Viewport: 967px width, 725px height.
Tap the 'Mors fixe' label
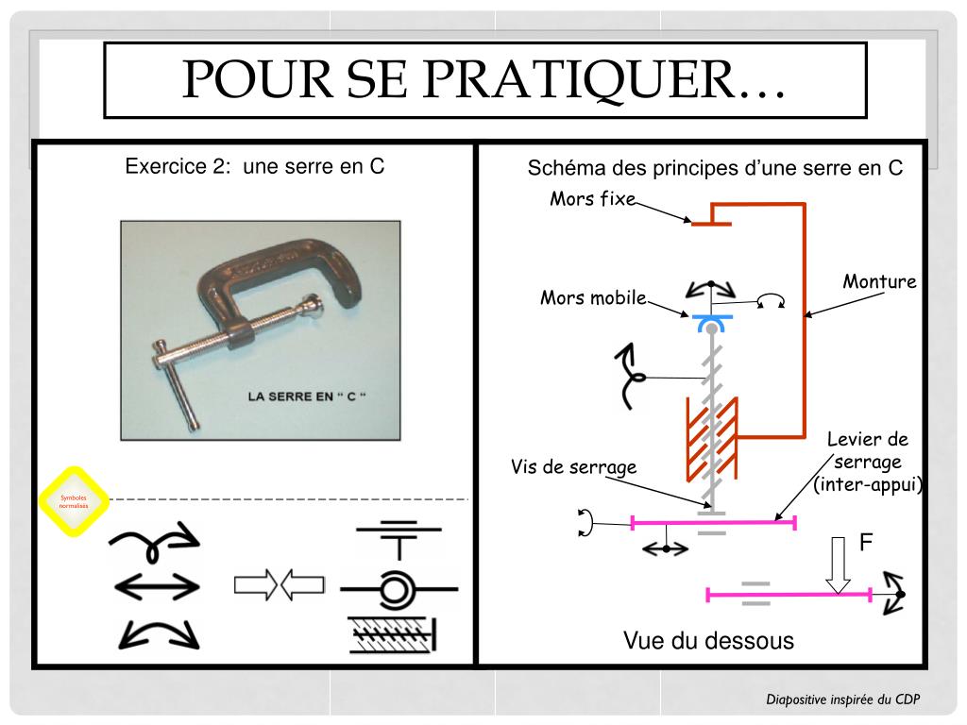[x=593, y=199]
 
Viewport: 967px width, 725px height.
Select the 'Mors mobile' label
[x=593, y=298]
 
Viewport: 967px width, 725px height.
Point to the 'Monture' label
[x=879, y=282]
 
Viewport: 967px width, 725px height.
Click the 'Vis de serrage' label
[x=573, y=467]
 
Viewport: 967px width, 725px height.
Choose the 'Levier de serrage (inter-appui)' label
[x=867, y=463]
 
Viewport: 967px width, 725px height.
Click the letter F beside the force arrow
[x=865, y=543]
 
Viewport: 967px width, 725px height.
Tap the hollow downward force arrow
[x=836, y=565]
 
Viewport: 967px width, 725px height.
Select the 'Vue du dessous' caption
[x=708, y=641]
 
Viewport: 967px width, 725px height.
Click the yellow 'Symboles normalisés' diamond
[x=73, y=501]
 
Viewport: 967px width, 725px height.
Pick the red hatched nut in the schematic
[x=711, y=436]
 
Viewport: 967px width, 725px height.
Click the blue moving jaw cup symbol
[x=709, y=323]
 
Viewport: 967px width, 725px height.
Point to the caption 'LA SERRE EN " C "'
[x=306, y=396]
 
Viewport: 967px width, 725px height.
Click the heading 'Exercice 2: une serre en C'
[x=255, y=167]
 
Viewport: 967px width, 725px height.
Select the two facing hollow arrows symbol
[x=279, y=586]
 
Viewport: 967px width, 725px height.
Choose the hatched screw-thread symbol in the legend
[x=391, y=634]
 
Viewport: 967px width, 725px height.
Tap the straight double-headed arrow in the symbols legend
[x=157, y=587]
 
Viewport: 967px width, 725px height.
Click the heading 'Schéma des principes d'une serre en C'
[x=715, y=169]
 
